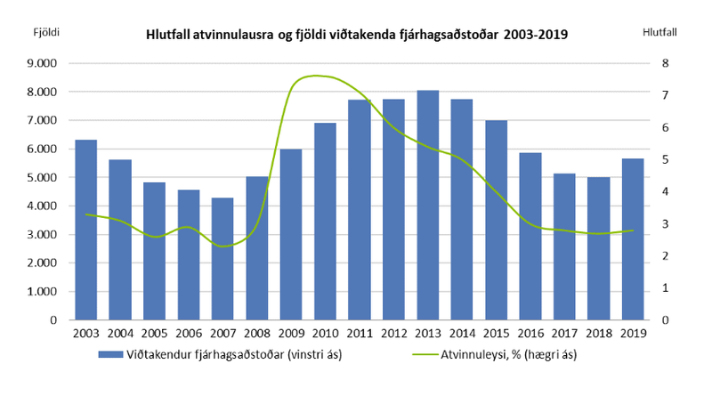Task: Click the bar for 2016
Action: pos(530,236)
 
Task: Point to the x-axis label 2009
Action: pos(290,335)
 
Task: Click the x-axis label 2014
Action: pos(461,335)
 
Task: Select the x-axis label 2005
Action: pos(154,335)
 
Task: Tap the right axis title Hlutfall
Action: pos(659,33)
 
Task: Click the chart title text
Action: pos(356,35)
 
